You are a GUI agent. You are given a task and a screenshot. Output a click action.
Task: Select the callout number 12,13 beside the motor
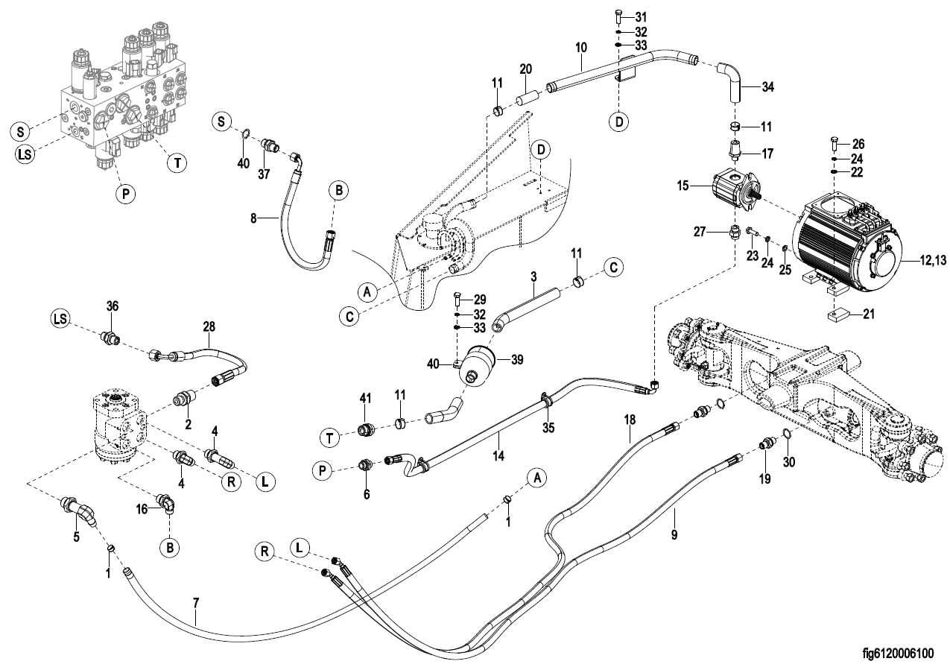coord(926,259)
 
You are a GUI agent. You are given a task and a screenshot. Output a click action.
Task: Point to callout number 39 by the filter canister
coord(516,359)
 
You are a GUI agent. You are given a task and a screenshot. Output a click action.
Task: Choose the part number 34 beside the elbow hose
coord(767,86)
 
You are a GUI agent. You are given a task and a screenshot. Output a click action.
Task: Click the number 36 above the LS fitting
coord(112,306)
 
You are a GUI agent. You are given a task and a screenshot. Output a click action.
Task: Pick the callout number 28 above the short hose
coord(208,326)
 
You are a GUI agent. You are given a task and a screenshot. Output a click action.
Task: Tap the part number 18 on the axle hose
coord(630,420)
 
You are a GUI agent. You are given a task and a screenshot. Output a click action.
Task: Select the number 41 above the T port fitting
coord(364,399)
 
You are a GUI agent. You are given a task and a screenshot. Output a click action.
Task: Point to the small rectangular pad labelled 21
coord(836,314)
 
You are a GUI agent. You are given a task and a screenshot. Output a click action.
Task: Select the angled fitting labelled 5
coord(80,512)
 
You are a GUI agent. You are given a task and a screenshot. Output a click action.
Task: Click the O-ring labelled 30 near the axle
coord(785,434)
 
